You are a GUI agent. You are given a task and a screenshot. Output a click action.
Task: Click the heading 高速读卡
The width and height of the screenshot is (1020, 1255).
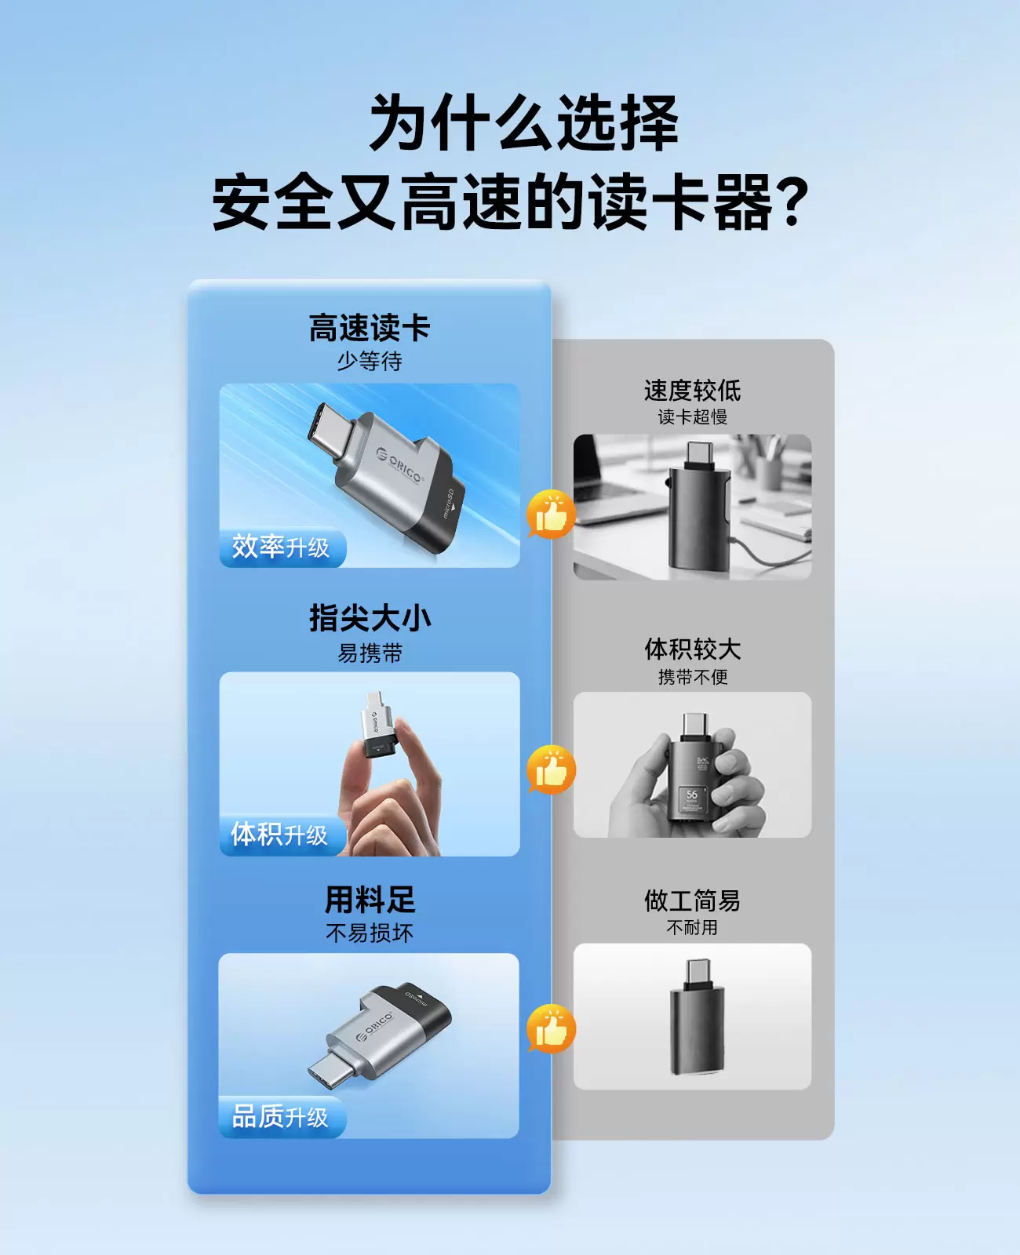pyautogui.click(x=370, y=328)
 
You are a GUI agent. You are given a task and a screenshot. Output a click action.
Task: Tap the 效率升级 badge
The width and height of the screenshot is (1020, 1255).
pyautogui.click(x=282, y=547)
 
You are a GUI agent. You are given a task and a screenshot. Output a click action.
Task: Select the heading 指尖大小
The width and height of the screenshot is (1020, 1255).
pyautogui.click(x=370, y=618)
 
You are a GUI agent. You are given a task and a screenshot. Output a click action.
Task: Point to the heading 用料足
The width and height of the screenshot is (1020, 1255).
pyautogui.click(x=370, y=900)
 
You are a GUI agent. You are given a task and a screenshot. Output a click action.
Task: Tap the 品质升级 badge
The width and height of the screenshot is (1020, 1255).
pyautogui.click(x=282, y=1117)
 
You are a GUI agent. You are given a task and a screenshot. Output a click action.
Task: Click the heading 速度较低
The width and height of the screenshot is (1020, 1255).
pyautogui.click(x=692, y=390)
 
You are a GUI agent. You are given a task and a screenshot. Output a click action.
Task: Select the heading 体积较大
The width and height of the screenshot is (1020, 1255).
pyautogui.click(x=692, y=649)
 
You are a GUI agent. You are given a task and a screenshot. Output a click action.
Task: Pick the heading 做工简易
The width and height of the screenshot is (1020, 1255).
pyautogui.click(x=692, y=900)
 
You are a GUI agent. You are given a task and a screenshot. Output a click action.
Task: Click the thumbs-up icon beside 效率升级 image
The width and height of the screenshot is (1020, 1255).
pyautogui.click(x=551, y=515)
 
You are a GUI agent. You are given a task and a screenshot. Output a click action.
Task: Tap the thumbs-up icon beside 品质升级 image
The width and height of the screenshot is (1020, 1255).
pyautogui.click(x=551, y=1029)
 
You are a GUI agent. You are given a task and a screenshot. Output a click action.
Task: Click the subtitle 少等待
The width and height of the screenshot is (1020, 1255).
pyautogui.click(x=370, y=361)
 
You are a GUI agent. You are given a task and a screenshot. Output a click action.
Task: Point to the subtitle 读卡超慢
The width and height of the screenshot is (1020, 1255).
pyautogui.click(x=692, y=417)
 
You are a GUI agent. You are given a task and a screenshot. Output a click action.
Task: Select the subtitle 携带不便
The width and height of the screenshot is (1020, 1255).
pyautogui.click(x=692, y=677)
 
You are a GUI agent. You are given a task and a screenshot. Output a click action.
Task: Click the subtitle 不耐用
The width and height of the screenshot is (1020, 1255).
pyautogui.click(x=692, y=927)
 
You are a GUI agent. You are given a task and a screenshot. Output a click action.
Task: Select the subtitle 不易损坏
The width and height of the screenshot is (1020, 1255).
pyautogui.click(x=370, y=933)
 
